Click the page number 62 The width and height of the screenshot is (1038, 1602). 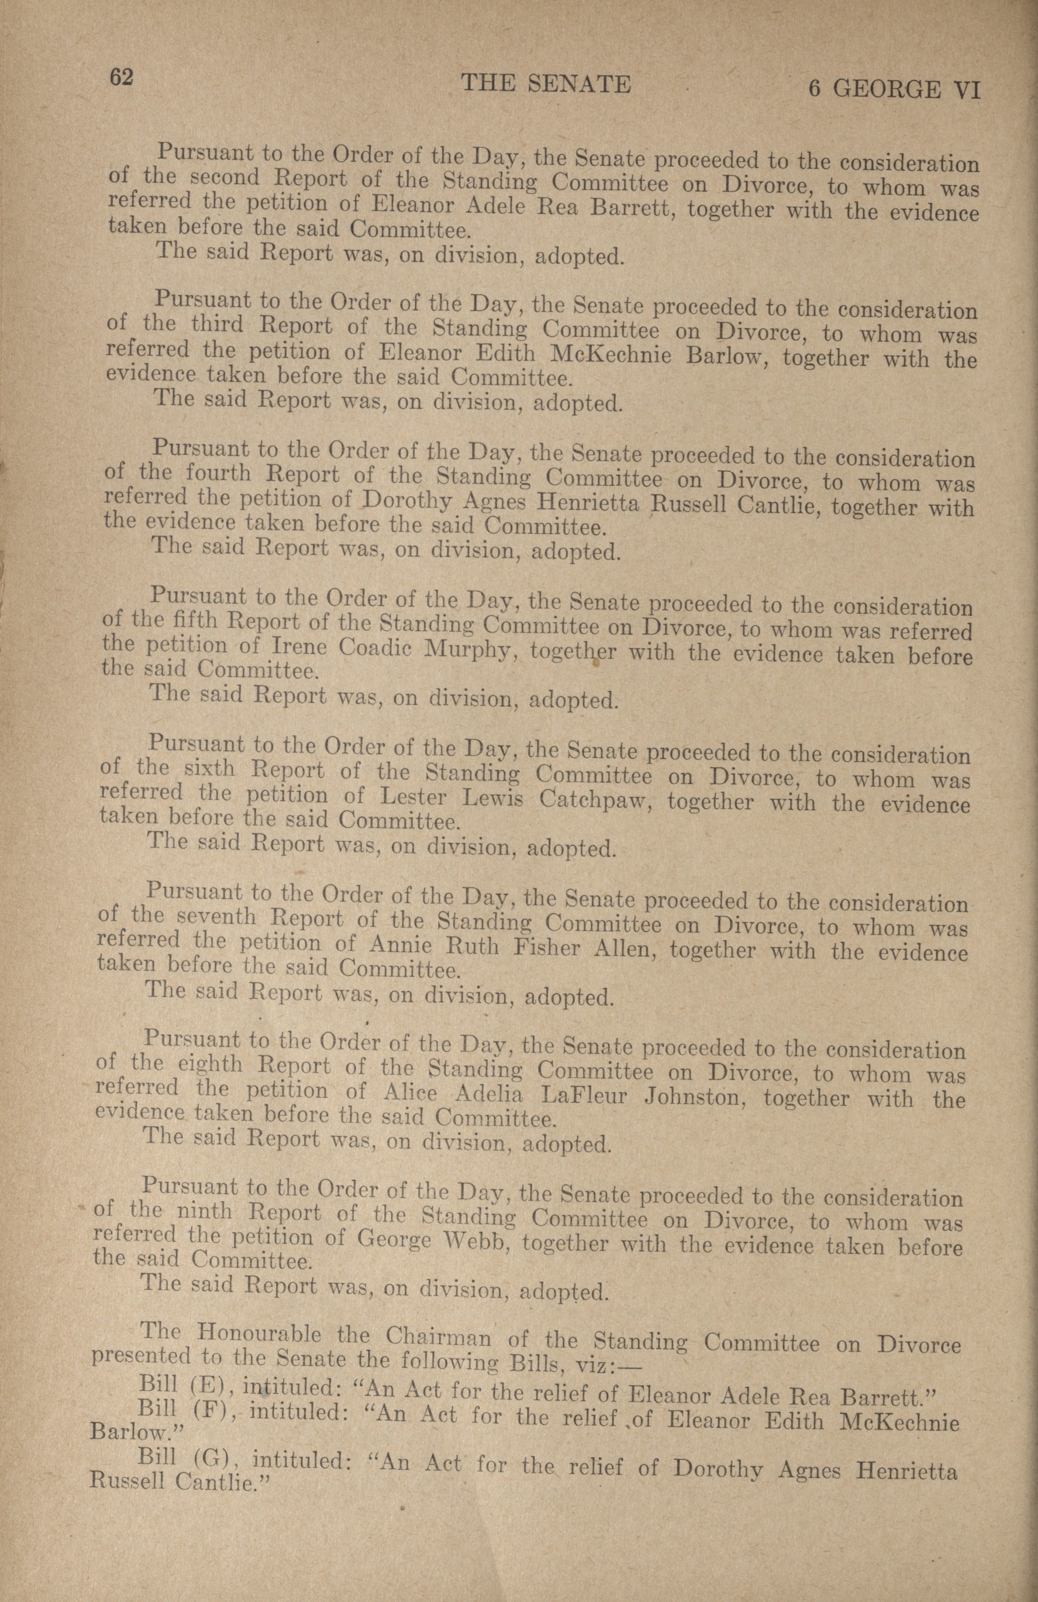(x=122, y=78)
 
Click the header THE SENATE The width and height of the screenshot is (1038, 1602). (x=545, y=84)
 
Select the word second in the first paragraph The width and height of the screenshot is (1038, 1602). (x=224, y=178)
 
